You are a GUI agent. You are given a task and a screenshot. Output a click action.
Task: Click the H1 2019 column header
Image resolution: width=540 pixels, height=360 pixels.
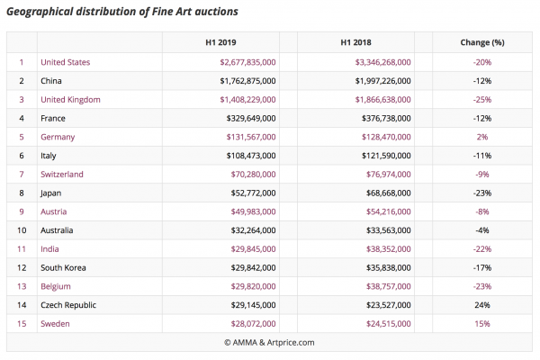[x=220, y=42]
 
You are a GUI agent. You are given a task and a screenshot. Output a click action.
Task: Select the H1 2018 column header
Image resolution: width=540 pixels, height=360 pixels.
[x=355, y=42]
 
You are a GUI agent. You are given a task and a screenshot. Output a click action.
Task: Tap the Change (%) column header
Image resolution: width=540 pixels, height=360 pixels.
[x=482, y=42]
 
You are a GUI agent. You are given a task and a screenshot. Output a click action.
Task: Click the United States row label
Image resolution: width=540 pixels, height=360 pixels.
[x=66, y=62]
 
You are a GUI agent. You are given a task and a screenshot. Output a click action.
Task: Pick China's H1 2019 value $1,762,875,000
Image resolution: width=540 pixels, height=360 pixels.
[x=248, y=81]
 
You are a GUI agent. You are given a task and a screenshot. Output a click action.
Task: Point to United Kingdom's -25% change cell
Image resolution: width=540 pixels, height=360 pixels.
[x=482, y=100]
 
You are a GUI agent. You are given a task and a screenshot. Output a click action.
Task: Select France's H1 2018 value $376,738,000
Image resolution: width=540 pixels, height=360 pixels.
[x=386, y=119]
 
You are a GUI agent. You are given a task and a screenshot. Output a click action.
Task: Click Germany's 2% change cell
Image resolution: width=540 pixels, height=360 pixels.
[x=482, y=137]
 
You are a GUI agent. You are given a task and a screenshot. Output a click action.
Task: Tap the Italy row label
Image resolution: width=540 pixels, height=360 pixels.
[x=49, y=156]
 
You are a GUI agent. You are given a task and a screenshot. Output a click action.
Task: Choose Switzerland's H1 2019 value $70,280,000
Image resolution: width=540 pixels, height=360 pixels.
[x=253, y=175]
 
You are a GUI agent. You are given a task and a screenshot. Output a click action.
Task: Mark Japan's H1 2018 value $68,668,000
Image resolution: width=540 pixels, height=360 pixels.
[x=389, y=193]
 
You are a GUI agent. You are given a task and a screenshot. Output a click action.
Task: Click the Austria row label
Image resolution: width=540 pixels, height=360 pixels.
[x=54, y=211]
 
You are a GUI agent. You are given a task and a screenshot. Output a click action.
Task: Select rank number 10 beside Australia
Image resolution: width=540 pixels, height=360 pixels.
[x=22, y=230]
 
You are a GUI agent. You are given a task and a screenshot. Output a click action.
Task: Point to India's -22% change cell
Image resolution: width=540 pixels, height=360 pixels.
[x=482, y=249]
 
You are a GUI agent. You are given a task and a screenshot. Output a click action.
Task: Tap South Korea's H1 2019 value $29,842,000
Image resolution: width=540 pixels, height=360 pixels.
[x=253, y=267]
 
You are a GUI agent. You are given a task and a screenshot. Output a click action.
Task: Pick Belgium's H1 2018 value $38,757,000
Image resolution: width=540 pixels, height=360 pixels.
[x=389, y=286]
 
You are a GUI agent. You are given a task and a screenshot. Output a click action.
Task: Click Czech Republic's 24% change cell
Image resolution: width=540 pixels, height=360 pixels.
[x=482, y=305]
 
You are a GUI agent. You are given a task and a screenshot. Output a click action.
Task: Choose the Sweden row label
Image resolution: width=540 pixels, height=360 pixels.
[x=55, y=324]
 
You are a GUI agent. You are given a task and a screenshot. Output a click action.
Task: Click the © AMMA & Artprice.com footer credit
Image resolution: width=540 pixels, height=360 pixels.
[x=269, y=342]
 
